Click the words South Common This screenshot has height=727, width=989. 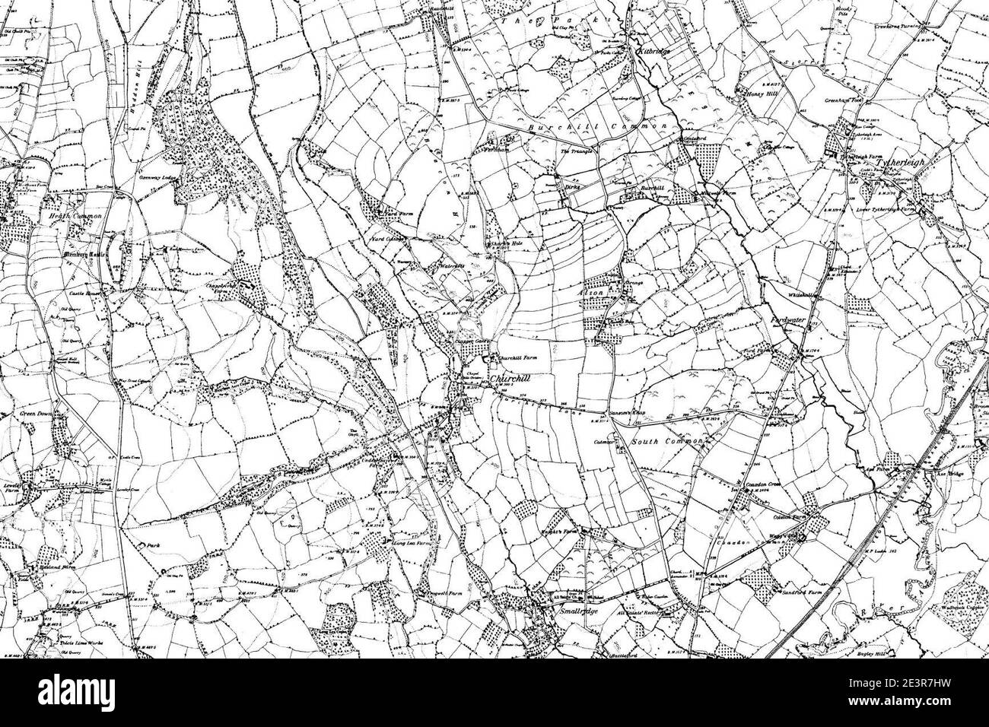659,441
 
